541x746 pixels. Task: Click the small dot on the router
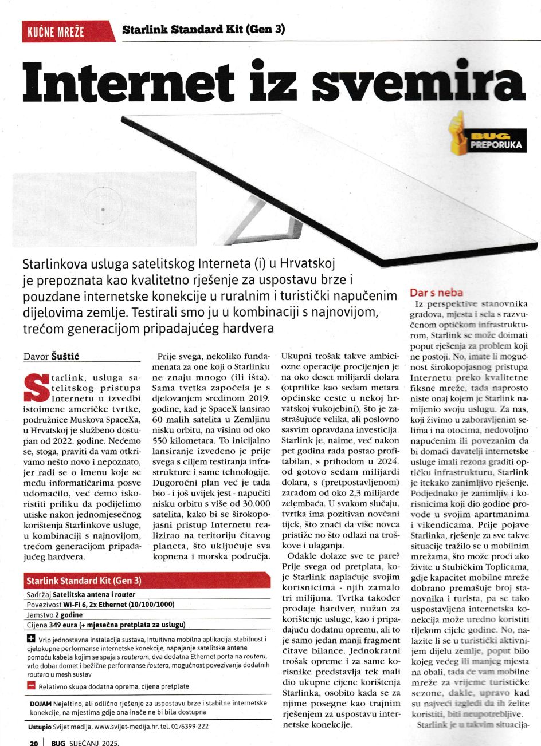click(103, 210)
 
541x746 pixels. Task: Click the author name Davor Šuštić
click(51, 357)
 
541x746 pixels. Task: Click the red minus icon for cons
click(31, 685)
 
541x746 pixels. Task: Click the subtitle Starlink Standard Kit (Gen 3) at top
click(203, 29)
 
